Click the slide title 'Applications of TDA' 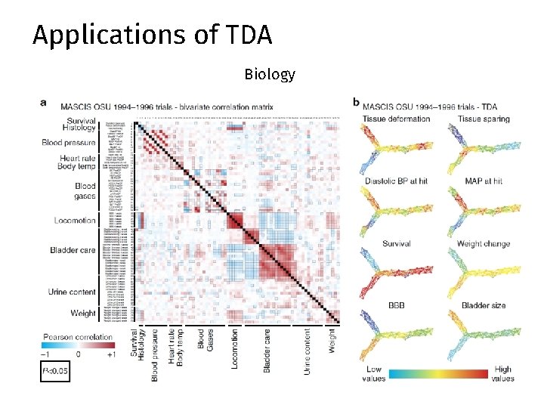[x=152, y=36]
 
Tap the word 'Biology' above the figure [x=270, y=75]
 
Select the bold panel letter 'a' [x=43, y=102]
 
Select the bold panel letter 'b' [x=357, y=102]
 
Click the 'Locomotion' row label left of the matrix [x=75, y=221]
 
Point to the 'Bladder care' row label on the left [x=73, y=250]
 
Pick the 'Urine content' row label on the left [x=72, y=292]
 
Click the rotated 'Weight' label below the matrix [x=332, y=339]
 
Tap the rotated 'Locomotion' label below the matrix [x=234, y=348]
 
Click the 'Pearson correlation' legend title [x=76, y=337]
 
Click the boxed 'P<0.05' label [x=55, y=371]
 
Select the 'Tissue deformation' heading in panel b [x=396, y=119]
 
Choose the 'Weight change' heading [x=484, y=244]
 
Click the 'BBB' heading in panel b [x=396, y=306]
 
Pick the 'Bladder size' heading [x=484, y=306]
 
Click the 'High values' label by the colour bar [x=502, y=373]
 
